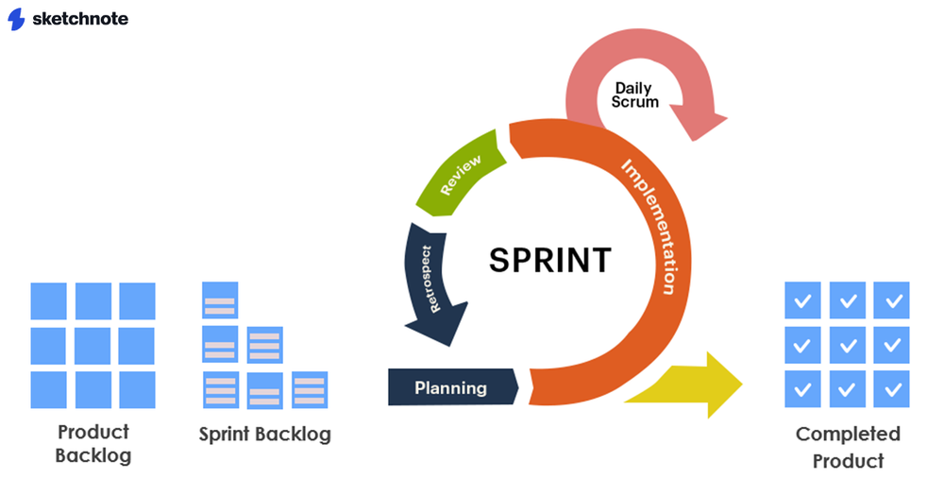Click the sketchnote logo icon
click(16, 19)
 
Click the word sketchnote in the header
click(79, 19)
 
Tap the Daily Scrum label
click(635, 94)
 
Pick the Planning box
click(452, 387)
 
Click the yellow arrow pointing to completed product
click(694, 384)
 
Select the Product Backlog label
click(93, 443)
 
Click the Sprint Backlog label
click(265, 435)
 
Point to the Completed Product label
click(848, 447)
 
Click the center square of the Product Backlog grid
click(93, 345)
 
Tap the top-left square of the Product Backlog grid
click(49, 300)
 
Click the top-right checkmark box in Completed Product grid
click(891, 300)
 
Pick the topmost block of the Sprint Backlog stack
click(220, 300)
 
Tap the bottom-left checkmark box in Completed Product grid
click(803, 389)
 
